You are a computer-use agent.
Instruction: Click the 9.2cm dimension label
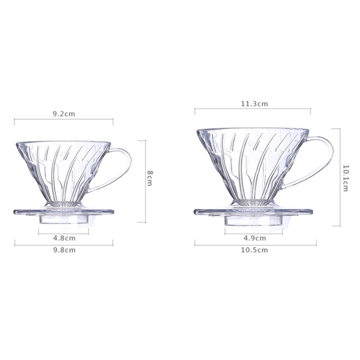coord(64,114)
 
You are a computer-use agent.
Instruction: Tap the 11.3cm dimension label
coord(255,104)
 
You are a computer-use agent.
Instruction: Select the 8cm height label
coord(150,178)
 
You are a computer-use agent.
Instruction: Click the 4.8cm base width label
coord(64,238)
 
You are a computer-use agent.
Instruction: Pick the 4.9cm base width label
coord(255,238)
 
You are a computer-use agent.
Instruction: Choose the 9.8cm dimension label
coord(64,250)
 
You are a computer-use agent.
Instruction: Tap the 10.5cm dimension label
coord(255,250)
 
